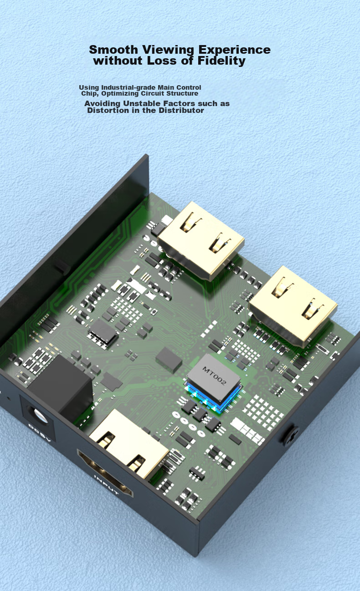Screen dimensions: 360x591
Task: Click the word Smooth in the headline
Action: (113, 49)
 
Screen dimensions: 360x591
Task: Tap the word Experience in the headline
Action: (235, 50)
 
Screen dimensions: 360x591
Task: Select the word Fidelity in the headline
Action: (221, 61)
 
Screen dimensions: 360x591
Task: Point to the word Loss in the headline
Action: (161, 61)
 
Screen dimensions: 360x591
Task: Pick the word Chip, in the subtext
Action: (90, 94)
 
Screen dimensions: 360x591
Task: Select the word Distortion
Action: (108, 110)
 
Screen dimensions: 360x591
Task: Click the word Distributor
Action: (181, 110)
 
